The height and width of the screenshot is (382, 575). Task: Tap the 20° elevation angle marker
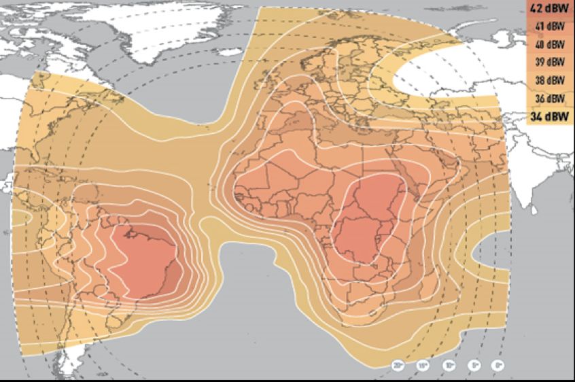[399, 366]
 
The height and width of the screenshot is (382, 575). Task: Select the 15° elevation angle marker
[423, 366]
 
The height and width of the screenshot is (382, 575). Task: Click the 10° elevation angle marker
[449, 366]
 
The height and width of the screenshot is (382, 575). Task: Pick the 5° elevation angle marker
[474, 366]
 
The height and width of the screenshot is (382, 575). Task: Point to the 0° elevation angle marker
[499, 366]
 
